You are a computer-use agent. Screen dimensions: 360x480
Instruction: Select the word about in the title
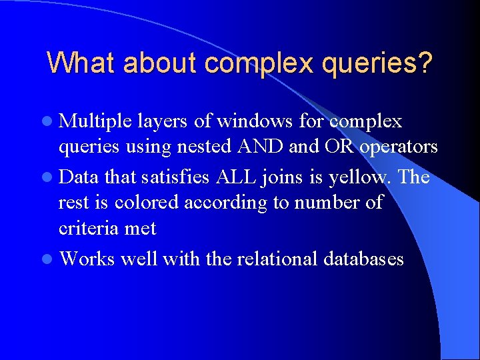(x=164, y=63)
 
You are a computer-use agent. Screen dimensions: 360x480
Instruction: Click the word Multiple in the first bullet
(x=96, y=122)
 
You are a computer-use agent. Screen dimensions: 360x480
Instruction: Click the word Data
(x=80, y=178)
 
